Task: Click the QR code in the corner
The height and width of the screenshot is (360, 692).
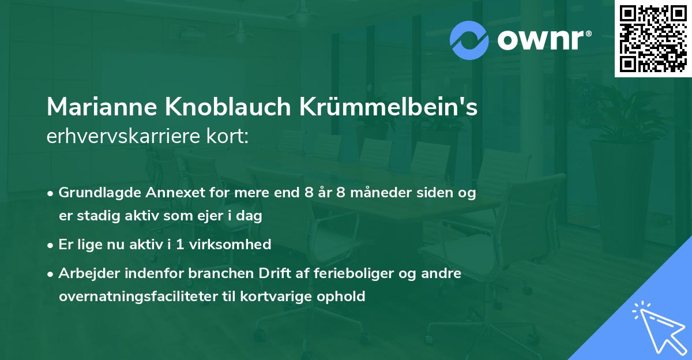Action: point(653,39)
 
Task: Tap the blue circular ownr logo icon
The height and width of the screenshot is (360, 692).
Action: point(470,40)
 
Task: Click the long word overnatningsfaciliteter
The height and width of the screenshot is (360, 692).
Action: point(139,297)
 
